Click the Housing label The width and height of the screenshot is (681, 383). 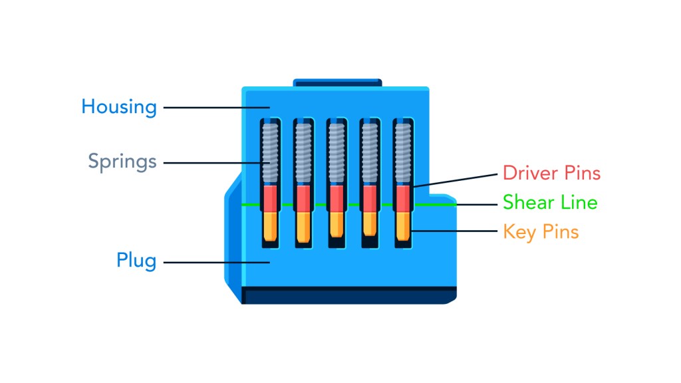pos(119,107)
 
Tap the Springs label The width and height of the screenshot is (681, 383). pos(122,161)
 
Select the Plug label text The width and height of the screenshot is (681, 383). pos(136,261)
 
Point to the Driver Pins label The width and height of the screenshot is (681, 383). pos(551,174)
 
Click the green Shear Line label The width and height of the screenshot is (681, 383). pos(550,202)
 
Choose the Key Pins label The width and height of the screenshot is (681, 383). pos(541,232)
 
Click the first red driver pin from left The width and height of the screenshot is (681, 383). pos(270,197)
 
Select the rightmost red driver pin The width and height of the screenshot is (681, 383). pos(402,197)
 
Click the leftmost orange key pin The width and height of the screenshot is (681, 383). pos(270,226)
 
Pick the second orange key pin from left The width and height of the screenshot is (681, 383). pos(303,226)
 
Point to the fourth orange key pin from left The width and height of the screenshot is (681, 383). pos(369,224)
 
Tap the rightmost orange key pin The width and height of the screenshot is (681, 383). pos(402,226)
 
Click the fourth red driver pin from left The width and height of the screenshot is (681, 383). pos(369,197)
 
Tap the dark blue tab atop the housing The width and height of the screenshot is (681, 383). pos(337,83)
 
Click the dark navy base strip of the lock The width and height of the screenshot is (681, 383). pos(348,295)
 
